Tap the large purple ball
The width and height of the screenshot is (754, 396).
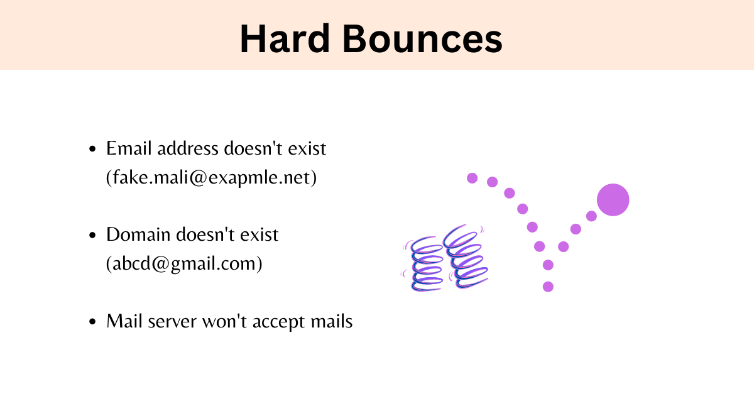[x=613, y=200]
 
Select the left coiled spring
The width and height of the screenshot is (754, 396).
[x=425, y=264]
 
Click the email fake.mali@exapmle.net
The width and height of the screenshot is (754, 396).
[x=211, y=178]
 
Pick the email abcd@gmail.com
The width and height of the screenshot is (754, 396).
[x=184, y=264]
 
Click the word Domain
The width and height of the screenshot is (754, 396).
[x=138, y=235]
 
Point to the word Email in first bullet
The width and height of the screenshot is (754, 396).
[x=123, y=149]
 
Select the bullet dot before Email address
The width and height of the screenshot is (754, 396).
[x=93, y=150]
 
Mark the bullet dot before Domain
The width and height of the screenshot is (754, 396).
[x=93, y=236]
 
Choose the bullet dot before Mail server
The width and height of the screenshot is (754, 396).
[x=93, y=322]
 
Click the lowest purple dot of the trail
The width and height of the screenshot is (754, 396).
[x=548, y=287]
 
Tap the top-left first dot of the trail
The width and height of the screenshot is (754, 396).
[x=473, y=178]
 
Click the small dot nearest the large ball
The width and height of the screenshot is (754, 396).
[x=591, y=216]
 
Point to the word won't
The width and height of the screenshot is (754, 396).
[x=223, y=322]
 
